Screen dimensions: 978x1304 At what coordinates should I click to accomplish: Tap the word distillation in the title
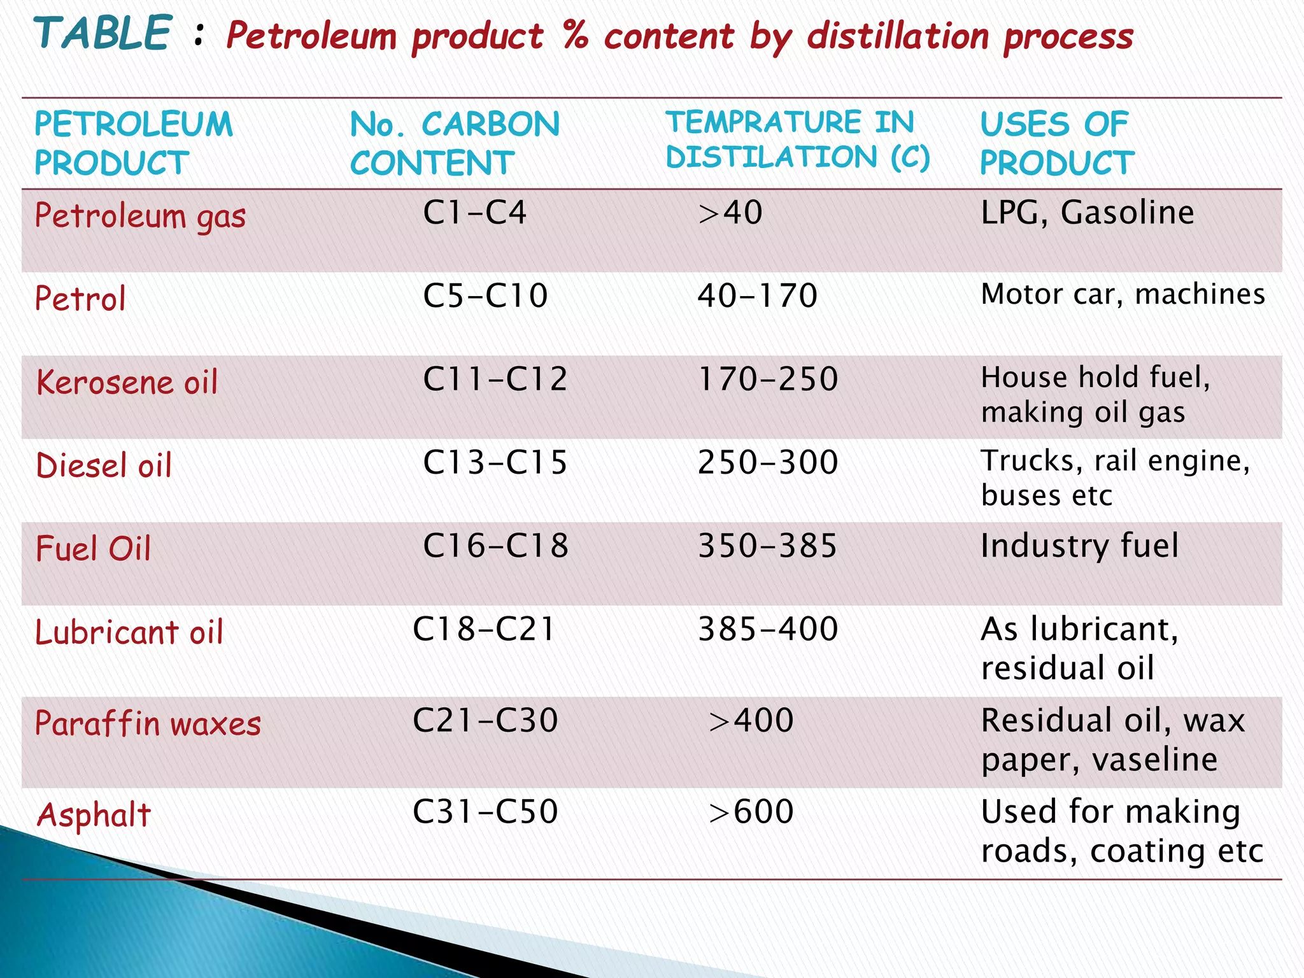pyautogui.click(x=897, y=36)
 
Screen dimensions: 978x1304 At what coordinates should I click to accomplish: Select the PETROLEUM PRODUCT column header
pyautogui.click(x=134, y=143)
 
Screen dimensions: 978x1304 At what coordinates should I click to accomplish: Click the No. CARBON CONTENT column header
pyautogui.click(x=455, y=143)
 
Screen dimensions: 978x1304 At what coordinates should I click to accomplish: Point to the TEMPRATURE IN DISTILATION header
pyautogui.click(x=797, y=140)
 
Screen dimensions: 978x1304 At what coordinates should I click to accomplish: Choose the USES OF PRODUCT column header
pyautogui.click(x=1057, y=143)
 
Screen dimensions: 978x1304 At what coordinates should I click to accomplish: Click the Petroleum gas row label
pyautogui.click(x=140, y=216)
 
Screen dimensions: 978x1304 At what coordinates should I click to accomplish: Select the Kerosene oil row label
pyautogui.click(x=127, y=383)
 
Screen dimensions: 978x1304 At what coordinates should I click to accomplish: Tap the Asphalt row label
pyautogui.click(x=94, y=814)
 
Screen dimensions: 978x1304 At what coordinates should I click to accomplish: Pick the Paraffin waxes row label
pyautogui.click(x=148, y=724)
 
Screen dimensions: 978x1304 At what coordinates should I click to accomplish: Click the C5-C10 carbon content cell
pyautogui.click(x=485, y=296)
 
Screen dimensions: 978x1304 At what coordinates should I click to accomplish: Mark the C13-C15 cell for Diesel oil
pyautogui.click(x=495, y=463)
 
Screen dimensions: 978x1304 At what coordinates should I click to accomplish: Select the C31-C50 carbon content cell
pyautogui.click(x=485, y=812)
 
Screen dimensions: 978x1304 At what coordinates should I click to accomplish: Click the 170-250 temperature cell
pyautogui.click(x=768, y=379)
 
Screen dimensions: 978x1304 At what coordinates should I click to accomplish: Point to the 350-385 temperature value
pyautogui.click(x=767, y=546)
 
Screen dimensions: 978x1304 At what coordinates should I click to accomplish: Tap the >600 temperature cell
pyautogui.click(x=751, y=812)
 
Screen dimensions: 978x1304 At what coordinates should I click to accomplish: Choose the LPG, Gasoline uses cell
pyautogui.click(x=1087, y=213)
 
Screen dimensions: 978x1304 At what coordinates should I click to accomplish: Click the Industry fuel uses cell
pyautogui.click(x=1080, y=546)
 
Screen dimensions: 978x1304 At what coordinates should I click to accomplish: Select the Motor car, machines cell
pyautogui.click(x=1123, y=295)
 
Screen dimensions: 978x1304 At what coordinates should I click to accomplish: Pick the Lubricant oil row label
pyautogui.click(x=129, y=632)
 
